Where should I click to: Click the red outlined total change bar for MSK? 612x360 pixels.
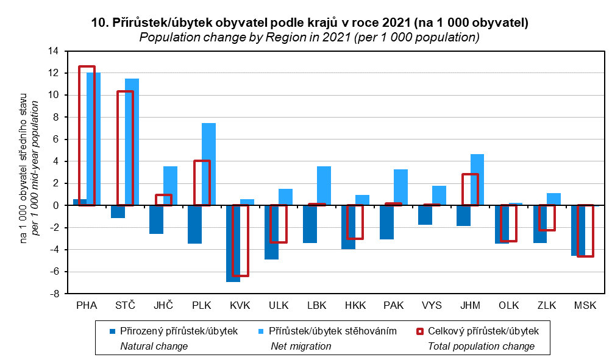pos(585,231)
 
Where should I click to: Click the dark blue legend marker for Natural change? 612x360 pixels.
pos(112,331)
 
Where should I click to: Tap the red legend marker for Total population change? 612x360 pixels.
pos(419,331)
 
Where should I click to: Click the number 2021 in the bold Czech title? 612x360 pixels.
pos(397,23)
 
